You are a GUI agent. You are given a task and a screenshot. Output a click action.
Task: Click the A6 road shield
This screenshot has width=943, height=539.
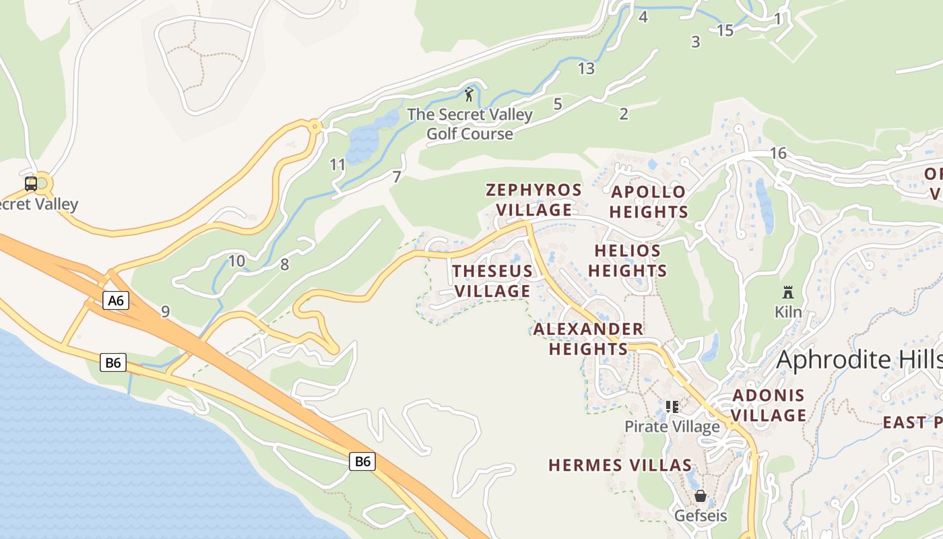pyautogui.click(x=116, y=300)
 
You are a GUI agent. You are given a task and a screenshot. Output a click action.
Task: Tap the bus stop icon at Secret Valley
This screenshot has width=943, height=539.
pyautogui.click(x=31, y=183)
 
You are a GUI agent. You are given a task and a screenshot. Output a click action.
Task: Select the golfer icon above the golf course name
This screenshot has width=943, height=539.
pyautogui.click(x=469, y=94)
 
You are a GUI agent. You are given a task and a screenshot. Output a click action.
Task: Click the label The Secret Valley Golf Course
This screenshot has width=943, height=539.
pyautogui.click(x=469, y=124)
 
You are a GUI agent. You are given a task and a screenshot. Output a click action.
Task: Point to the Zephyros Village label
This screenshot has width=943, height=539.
pyautogui.click(x=534, y=199)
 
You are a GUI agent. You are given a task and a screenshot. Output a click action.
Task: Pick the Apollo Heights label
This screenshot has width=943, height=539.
pyautogui.click(x=649, y=201)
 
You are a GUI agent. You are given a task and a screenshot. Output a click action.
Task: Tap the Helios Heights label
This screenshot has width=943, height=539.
pyautogui.click(x=627, y=261)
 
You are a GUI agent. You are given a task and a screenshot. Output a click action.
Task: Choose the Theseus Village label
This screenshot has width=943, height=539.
pyautogui.click(x=492, y=281)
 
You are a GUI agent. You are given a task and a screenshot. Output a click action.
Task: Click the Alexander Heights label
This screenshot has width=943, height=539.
pyautogui.click(x=588, y=339)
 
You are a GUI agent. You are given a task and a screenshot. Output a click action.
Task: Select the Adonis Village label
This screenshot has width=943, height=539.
pyautogui.click(x=769, y=405)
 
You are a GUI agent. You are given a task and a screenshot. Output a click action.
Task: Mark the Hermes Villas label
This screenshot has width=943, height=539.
pyautogui.click(x=620, y=465)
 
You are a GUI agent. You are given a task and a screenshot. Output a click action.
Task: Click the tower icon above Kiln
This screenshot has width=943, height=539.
pyautogui.click(x=787, y=292)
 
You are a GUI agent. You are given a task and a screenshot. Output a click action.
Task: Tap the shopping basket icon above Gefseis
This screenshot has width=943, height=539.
pyautogui.click(x=701, y=497)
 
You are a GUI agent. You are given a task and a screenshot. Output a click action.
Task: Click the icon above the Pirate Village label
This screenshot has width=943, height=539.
pyautogui.click(x=672, y=406)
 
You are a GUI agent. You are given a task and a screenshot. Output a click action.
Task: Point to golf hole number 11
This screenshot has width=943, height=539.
pyautogui.click(x=337, y=164)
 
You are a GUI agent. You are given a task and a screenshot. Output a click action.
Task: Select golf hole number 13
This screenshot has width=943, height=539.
pyautogui.click(x=586, y=68)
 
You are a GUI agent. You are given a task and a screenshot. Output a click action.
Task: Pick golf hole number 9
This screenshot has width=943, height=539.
pyautogui.click(x=165, y=311)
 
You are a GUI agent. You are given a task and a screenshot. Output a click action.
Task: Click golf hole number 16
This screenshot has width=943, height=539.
pyautogui.click(x=778, y=153)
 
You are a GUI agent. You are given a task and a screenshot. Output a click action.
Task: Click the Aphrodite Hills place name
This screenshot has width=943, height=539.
pyautogui.click(x=859, y=360)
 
